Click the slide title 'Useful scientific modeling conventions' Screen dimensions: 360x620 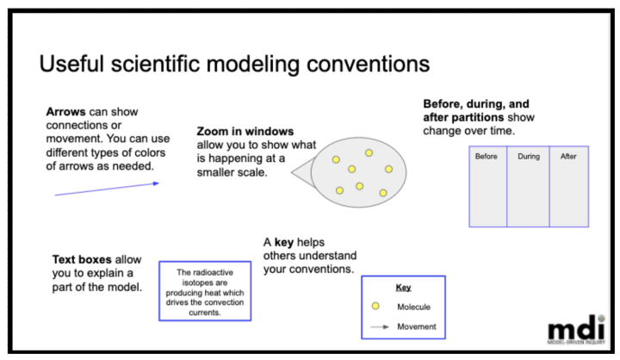(234, 65)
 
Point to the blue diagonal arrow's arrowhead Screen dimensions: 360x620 (155, 183)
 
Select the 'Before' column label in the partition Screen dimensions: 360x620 (487, 157)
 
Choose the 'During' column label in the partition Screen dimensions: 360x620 (528, 157)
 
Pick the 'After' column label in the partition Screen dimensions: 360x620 (568, 157)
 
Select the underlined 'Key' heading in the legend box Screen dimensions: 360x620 (403, 288)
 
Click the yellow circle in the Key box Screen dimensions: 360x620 (375, 307)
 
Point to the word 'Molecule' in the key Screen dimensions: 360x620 (413, 307)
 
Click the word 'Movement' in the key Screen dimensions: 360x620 (416, 326)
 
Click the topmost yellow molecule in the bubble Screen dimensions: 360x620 (369, 152)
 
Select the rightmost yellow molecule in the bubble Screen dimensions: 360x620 (388, 169)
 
